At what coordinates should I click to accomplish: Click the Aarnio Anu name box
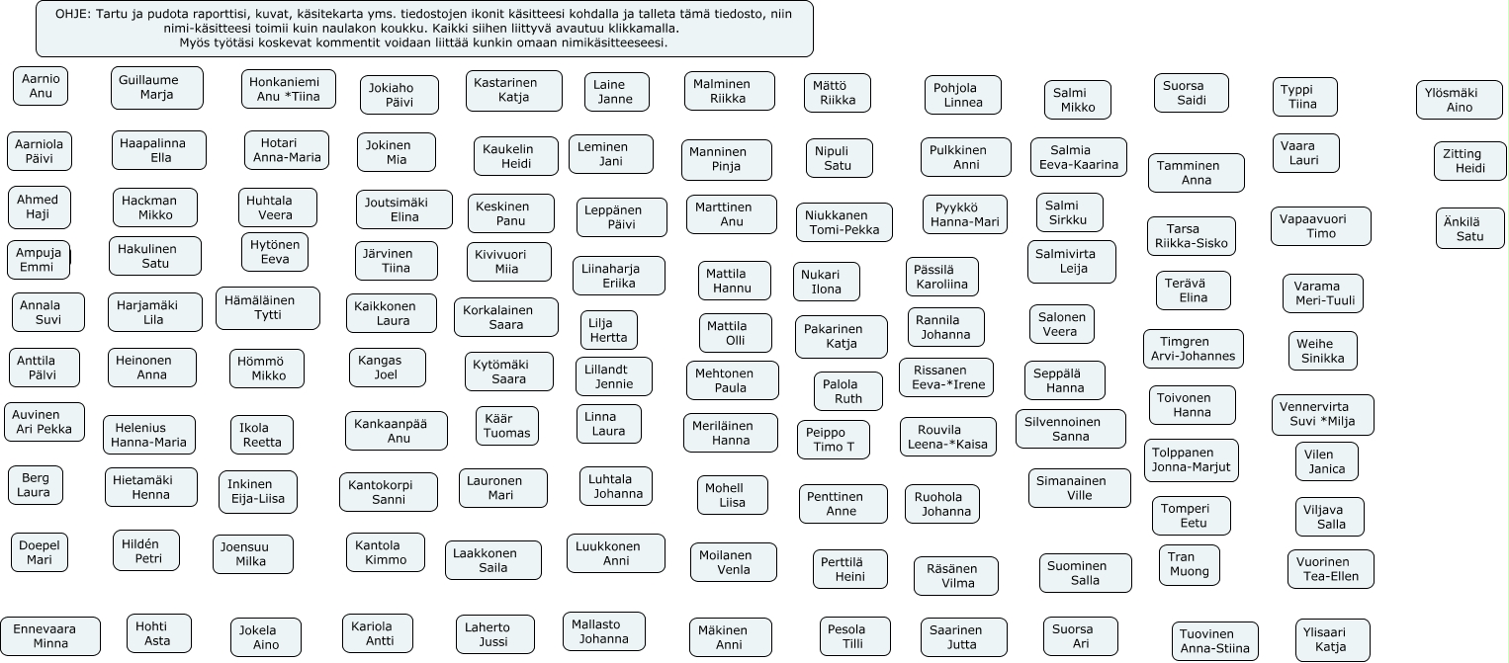tap(41, 86)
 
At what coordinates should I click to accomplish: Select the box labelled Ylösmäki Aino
tap(1459, 100)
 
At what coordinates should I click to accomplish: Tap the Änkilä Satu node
tap(1469, 228)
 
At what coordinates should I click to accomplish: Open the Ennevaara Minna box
tap(50, 636)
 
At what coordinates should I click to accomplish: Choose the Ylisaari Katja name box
tap(1332, 640)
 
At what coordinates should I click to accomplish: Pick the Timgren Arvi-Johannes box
tap(1194, 349)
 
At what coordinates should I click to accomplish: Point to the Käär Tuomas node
tap(507, 426)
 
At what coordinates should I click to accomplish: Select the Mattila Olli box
tap(736, 333)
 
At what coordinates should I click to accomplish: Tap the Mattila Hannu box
tap(735, 282)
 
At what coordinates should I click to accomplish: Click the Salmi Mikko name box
tap(1077, 100)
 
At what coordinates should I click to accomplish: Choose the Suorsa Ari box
tap(1080, 636)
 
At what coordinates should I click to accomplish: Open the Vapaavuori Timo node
tap(1320, 226)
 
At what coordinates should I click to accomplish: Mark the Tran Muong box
tap(1189, 564)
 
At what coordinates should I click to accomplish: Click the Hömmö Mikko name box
tap(267, 369)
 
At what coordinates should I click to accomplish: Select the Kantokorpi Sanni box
tap(389, 492)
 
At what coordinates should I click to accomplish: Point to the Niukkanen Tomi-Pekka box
tap(843, 222)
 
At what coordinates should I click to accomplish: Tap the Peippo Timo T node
tap(833, 440)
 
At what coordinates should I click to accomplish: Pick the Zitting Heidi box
tap(1469, 161)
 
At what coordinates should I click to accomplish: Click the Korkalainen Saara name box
tap(506, 317)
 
